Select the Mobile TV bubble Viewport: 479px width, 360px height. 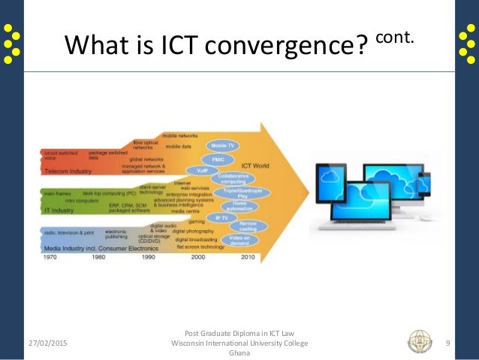coord(224,145)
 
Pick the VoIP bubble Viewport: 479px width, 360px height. coord(202,171)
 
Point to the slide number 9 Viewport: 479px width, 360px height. coord(447,343)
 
